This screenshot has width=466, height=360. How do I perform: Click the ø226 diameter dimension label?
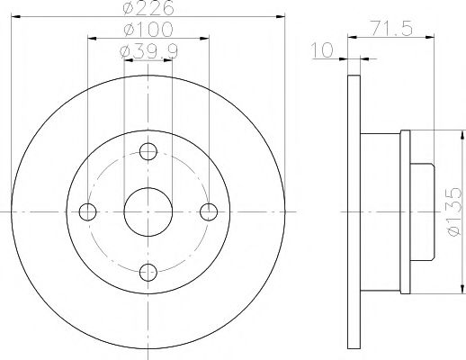pyautogui.click(x=148, y=7)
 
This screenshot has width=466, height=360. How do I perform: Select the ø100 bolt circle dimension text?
pyautogui.click(x=148, y=30)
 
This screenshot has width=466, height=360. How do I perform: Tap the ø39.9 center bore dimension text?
pyautogui.click(x=148, y=51)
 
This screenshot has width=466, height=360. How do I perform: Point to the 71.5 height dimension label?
pyautogui.click(x=391, y=28)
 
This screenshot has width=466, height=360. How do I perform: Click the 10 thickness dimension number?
pyautogui.click(x=322, y=49)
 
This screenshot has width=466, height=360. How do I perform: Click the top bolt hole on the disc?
pyautogui.click(x=148, y=151)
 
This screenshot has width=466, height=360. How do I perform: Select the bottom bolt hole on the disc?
pyautogui.click(x=148, y=273)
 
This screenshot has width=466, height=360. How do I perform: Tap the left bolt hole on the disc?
pyautogui.click(x=87, y=212)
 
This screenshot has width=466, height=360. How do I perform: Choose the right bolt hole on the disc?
pyautogui.click(x=209, y=212)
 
